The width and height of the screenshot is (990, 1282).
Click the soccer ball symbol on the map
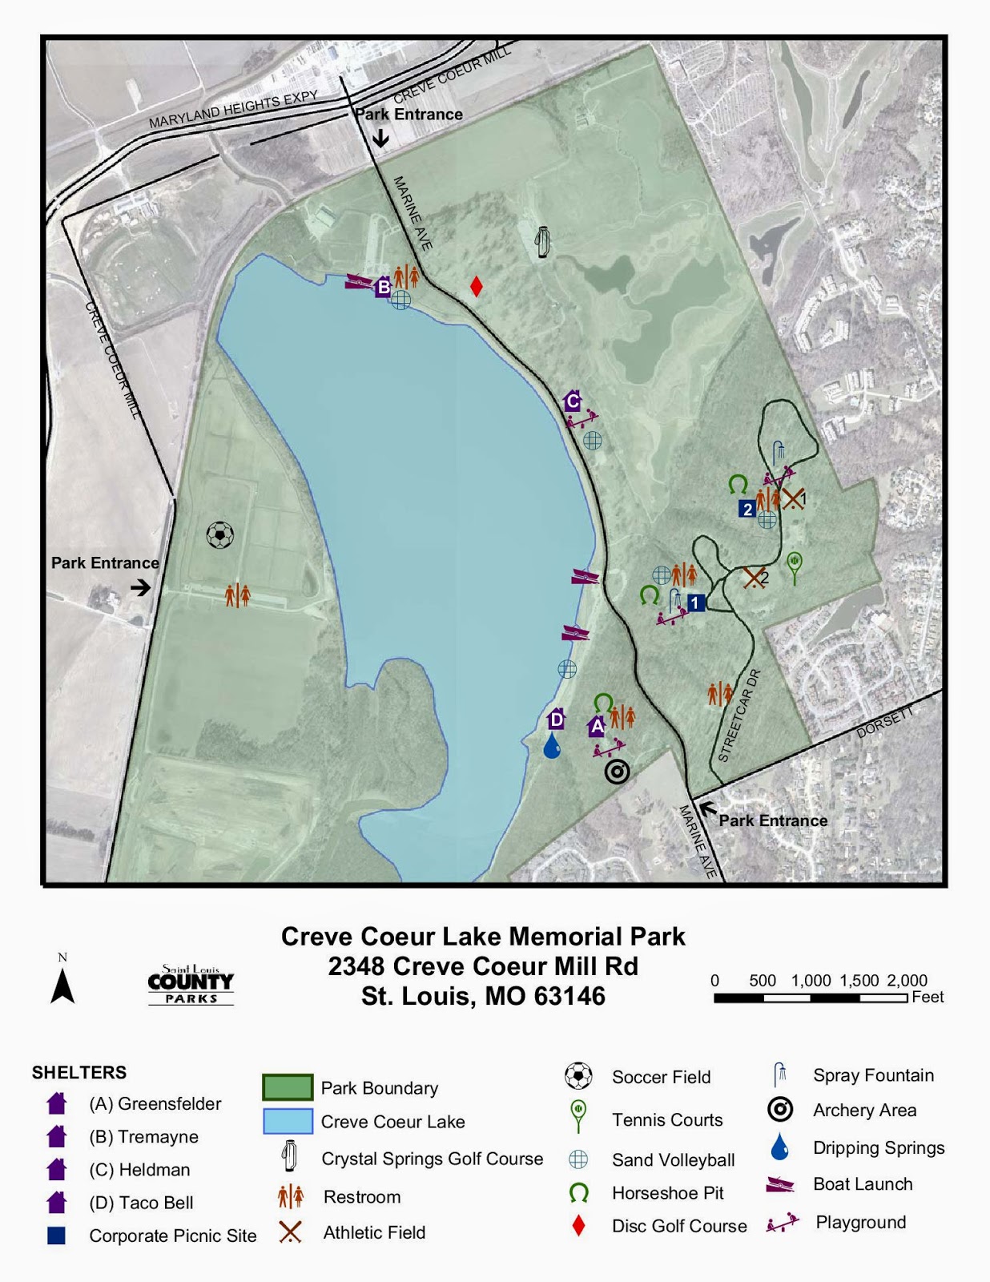tap(220, 534)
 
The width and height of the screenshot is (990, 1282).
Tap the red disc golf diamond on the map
tap(476, 286)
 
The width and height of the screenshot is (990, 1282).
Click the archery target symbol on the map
tap(617, 772)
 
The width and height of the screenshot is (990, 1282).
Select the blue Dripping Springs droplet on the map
tap(552, 747)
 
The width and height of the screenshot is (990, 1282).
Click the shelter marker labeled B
tap(384, 286)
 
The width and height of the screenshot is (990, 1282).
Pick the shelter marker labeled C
tap(572, 401)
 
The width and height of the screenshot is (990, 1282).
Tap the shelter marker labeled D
tap(556, 719)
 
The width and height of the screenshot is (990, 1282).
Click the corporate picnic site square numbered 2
tap(747, 509)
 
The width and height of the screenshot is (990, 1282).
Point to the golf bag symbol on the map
tap(543, 240)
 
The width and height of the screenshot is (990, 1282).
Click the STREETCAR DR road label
tap(738, 716)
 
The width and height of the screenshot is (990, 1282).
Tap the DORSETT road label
tap(885, 722)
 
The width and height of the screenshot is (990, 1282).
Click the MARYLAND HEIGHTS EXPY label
tap(233, 111)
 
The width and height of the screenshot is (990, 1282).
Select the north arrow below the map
tap(62, 986)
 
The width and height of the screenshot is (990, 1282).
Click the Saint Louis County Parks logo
tap(191, 985)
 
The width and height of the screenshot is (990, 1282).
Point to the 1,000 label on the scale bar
tap(811, 980)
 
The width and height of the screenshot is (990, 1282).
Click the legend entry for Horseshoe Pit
tap(667, 1193)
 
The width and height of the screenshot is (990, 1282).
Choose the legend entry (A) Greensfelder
tap(155, 1103)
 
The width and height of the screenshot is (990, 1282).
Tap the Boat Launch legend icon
tap(779, 1184)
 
